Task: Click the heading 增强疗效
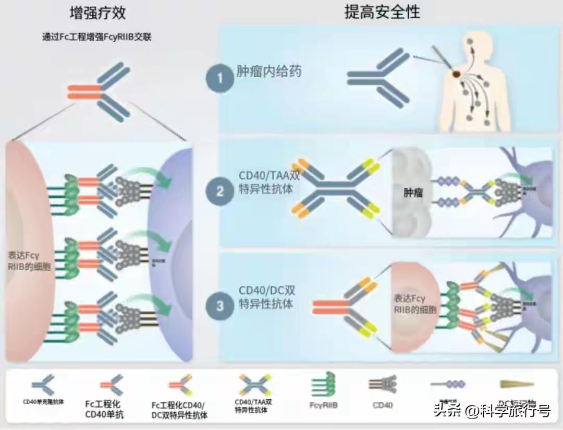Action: (x=97, y=13)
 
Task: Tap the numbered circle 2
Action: (x=219, y=191)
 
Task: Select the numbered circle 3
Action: (x=219, y=305)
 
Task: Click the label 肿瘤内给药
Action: (x=269, y=71)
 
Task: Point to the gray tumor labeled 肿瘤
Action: (x=412, y=193)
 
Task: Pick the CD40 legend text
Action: (x=383, y=404)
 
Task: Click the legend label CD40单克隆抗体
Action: (x=43, y=402)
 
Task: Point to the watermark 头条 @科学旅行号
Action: (x=492, y=411)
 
